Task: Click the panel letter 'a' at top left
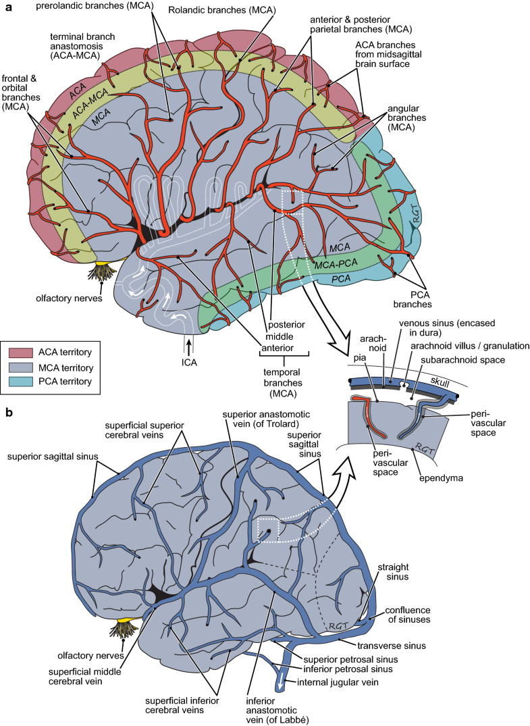(x=9, y=8)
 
